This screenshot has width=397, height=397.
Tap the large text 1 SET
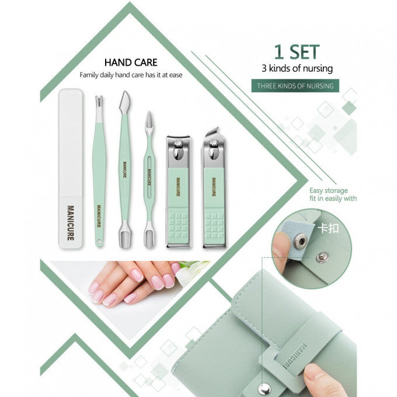pos(297,52)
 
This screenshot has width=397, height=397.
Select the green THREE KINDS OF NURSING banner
pos(297,86)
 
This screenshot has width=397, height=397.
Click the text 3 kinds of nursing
pos(297,68)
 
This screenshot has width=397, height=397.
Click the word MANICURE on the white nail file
pos(70,222)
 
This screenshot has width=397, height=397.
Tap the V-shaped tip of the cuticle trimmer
pos(99,102)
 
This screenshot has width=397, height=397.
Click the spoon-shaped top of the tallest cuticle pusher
pos(124,102)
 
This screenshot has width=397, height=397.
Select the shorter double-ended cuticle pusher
pos(149,175)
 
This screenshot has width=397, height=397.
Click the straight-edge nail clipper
pos(178,193)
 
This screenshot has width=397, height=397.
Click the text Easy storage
pos(329,190)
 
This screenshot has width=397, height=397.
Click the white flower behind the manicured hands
pos(193,271)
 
